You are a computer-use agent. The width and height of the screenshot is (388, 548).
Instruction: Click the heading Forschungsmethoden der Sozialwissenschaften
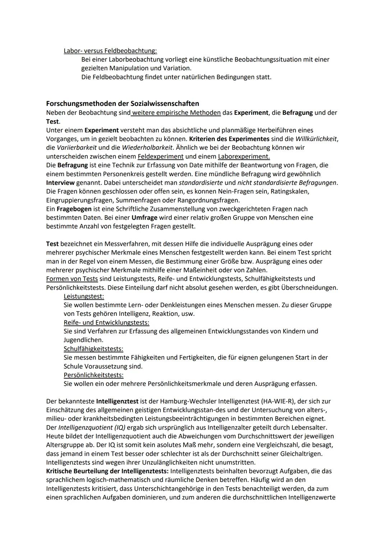click(x=122, y=104)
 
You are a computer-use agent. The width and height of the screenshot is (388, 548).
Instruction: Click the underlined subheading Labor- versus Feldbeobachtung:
click(x=110, y=51)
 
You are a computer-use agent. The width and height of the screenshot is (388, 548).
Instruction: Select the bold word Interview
click(x=60, y=183)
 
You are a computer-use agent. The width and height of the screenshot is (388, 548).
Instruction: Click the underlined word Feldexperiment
click(x=161, y=156)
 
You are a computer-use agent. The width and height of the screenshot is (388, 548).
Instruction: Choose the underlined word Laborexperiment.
click(x=244, y=156)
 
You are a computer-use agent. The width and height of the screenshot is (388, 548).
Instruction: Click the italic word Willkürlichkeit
click(x=317, y=139)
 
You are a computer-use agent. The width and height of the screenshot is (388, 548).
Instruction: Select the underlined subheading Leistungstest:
click(x=84, y=296)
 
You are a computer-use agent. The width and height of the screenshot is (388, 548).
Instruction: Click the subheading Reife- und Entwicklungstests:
click(x=106, y=323)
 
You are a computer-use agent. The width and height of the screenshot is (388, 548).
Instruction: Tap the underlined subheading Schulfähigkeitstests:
click(x=93, y=349)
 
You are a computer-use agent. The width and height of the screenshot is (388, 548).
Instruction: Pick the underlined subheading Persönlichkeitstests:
click(x=93, y=375)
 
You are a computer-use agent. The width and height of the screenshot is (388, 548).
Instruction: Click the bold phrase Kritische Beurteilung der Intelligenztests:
click(x=107, y=471)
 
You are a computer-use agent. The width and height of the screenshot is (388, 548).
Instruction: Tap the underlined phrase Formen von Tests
click(x=72, y=279)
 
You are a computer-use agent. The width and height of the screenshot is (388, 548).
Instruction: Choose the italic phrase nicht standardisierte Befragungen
click(x=287, y=183)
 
